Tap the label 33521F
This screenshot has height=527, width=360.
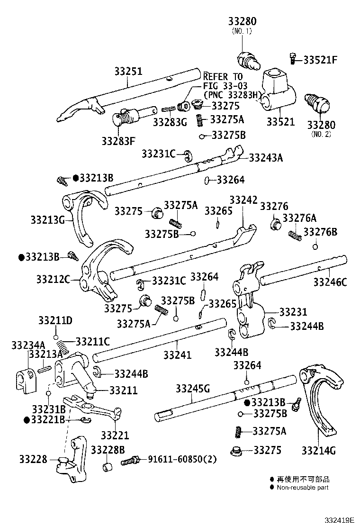(320, 60)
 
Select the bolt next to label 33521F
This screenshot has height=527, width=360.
(293, 59)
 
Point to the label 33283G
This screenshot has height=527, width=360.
(170, 122)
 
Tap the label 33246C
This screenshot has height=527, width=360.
(330, 283)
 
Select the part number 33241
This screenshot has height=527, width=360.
(178, 354)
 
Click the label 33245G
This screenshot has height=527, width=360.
(192, 389)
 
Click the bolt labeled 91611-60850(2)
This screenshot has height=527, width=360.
(130, 460)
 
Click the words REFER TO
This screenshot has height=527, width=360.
(223, 77)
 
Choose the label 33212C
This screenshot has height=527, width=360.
(53, 279)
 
